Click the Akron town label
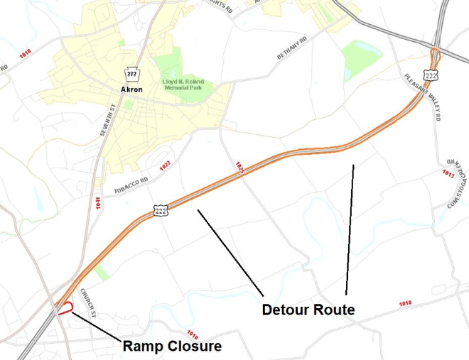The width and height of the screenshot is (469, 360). click(131, 90)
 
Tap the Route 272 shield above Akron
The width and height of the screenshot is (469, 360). click(131, 75)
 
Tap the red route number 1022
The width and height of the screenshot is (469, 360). click(165, 165)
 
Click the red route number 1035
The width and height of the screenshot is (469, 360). click(239, 168)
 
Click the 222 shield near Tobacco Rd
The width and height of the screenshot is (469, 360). click(161, 211)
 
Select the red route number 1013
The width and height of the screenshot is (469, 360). click(448, 173)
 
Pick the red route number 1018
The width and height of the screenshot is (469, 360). click(26, 53)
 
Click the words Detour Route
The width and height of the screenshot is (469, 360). click(308, 310)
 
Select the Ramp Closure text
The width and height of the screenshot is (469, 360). click(172, 347)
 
